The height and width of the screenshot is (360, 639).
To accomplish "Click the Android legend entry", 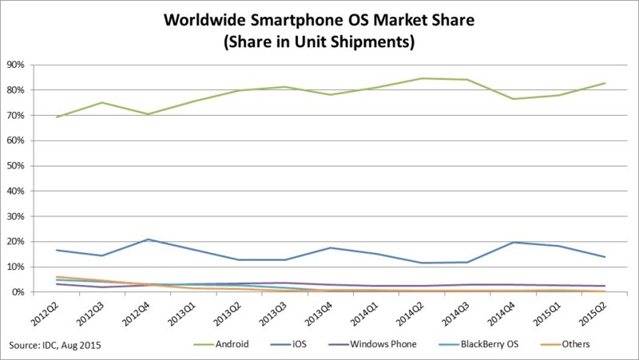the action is point(220,344).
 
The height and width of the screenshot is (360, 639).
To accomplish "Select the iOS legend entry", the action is point(288,344).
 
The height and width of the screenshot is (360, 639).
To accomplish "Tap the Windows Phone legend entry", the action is point(372,344).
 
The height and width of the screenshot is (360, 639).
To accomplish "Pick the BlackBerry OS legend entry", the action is point(478,344).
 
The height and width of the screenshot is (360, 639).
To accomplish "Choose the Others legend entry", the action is point(565,344).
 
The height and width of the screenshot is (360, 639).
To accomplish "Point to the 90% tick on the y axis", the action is point(16,65).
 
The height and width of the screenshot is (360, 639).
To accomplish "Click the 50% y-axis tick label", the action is point(16,166).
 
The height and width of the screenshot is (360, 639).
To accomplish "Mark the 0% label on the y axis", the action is point(18,292).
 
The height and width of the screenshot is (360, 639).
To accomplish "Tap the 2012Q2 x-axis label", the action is point(45,313).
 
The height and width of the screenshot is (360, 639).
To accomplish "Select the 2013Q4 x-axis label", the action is point(319,313).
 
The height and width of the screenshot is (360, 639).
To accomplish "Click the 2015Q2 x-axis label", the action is point(593,313).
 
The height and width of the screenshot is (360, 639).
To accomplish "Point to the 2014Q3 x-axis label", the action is point(456,313).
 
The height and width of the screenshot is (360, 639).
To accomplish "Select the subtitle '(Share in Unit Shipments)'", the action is point(319,42).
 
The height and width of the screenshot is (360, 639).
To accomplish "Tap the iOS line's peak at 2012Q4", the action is point(148,239).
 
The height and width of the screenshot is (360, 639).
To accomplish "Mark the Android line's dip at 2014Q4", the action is point(513,99).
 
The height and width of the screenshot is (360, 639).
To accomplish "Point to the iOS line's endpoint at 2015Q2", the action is point(605,257).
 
